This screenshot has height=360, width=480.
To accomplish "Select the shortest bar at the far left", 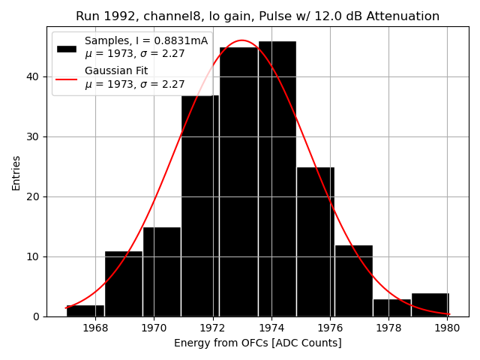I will point(85,310).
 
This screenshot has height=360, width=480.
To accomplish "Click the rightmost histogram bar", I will point(430,304).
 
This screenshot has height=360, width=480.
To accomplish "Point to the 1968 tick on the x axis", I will point(95,328).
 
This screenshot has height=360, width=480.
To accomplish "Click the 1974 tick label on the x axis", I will point(271,328).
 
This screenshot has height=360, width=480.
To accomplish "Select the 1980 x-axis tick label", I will point(447,328).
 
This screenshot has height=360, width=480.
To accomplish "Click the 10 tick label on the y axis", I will point(34,256).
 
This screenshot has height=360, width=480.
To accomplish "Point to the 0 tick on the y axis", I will point(37,316).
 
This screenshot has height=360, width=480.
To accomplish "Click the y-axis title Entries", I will point(16,172).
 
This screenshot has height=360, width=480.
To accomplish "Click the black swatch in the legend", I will point(67,48).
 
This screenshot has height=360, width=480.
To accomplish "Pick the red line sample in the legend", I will point(67,78).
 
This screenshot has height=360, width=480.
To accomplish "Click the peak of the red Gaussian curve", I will point(241,40).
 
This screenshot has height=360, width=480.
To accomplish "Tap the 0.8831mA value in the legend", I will point(181,41).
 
